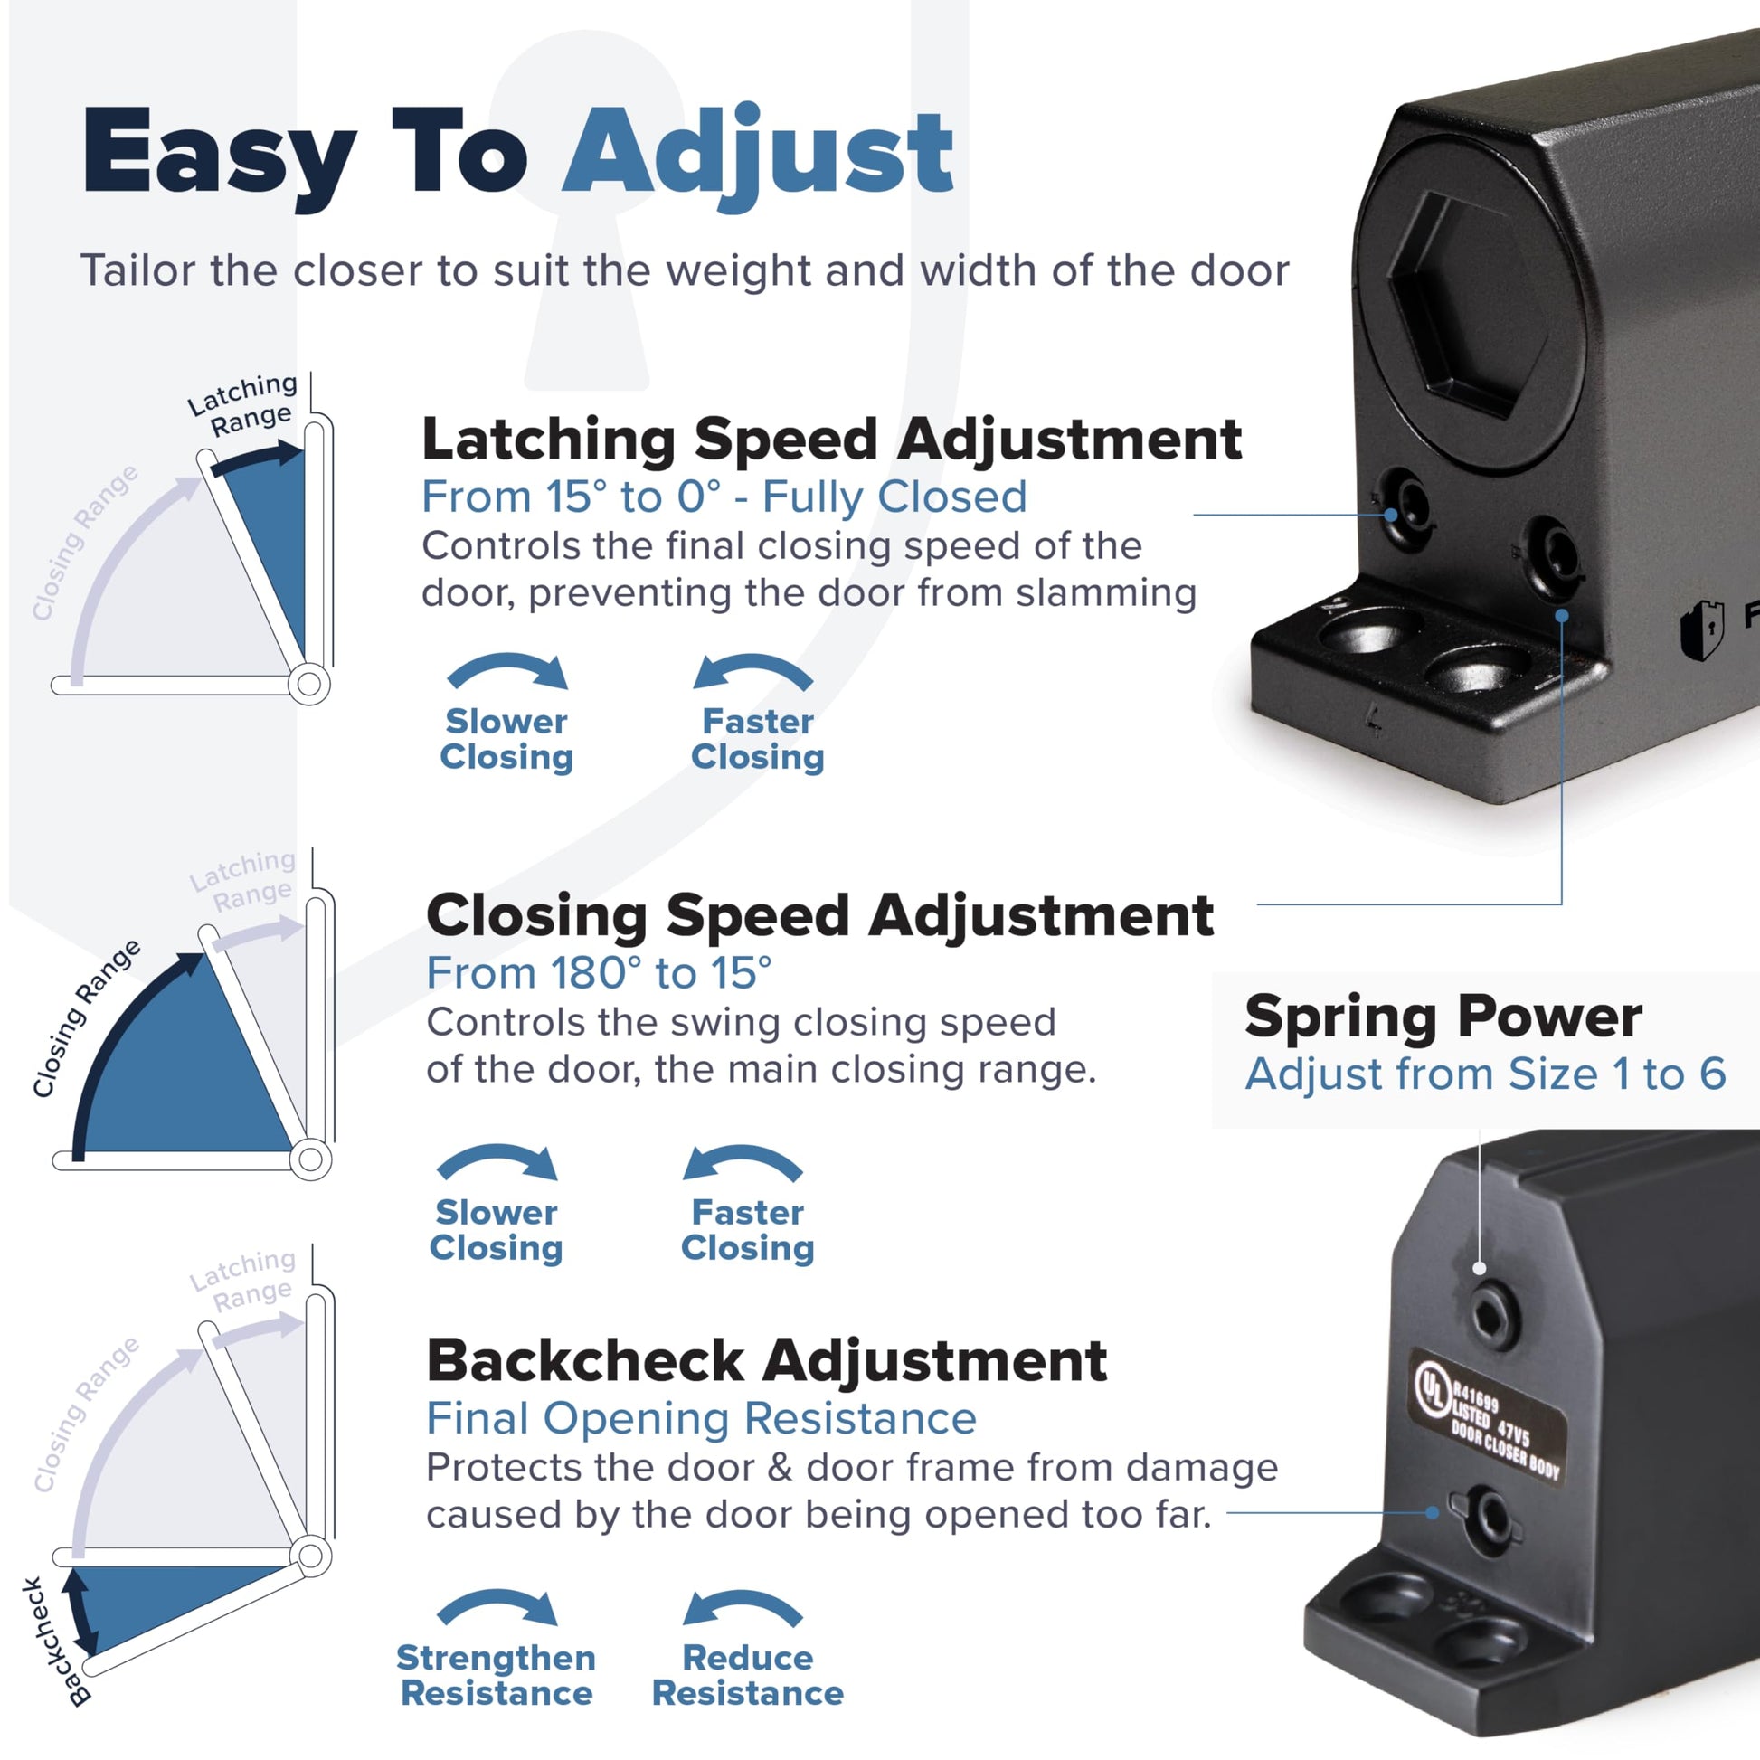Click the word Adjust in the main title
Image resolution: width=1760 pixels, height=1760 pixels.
758,155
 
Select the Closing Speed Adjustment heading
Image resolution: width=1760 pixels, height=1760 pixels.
820,914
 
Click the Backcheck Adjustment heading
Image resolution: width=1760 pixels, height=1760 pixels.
767,1361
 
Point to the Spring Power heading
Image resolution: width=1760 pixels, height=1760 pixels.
1443,1017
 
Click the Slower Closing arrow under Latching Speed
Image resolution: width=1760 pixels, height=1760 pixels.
507,669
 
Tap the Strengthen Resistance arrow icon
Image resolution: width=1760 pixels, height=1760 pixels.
497,1607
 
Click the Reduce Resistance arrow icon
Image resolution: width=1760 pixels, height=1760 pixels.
743,1607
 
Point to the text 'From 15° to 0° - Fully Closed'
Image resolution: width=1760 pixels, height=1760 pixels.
724,497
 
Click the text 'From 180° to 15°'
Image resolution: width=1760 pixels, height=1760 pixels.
599,973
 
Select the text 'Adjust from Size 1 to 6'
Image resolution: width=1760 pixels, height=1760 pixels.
1486,1074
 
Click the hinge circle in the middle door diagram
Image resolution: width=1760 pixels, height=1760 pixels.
310,1159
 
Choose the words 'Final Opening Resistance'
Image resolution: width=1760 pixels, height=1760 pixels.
702,1418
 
